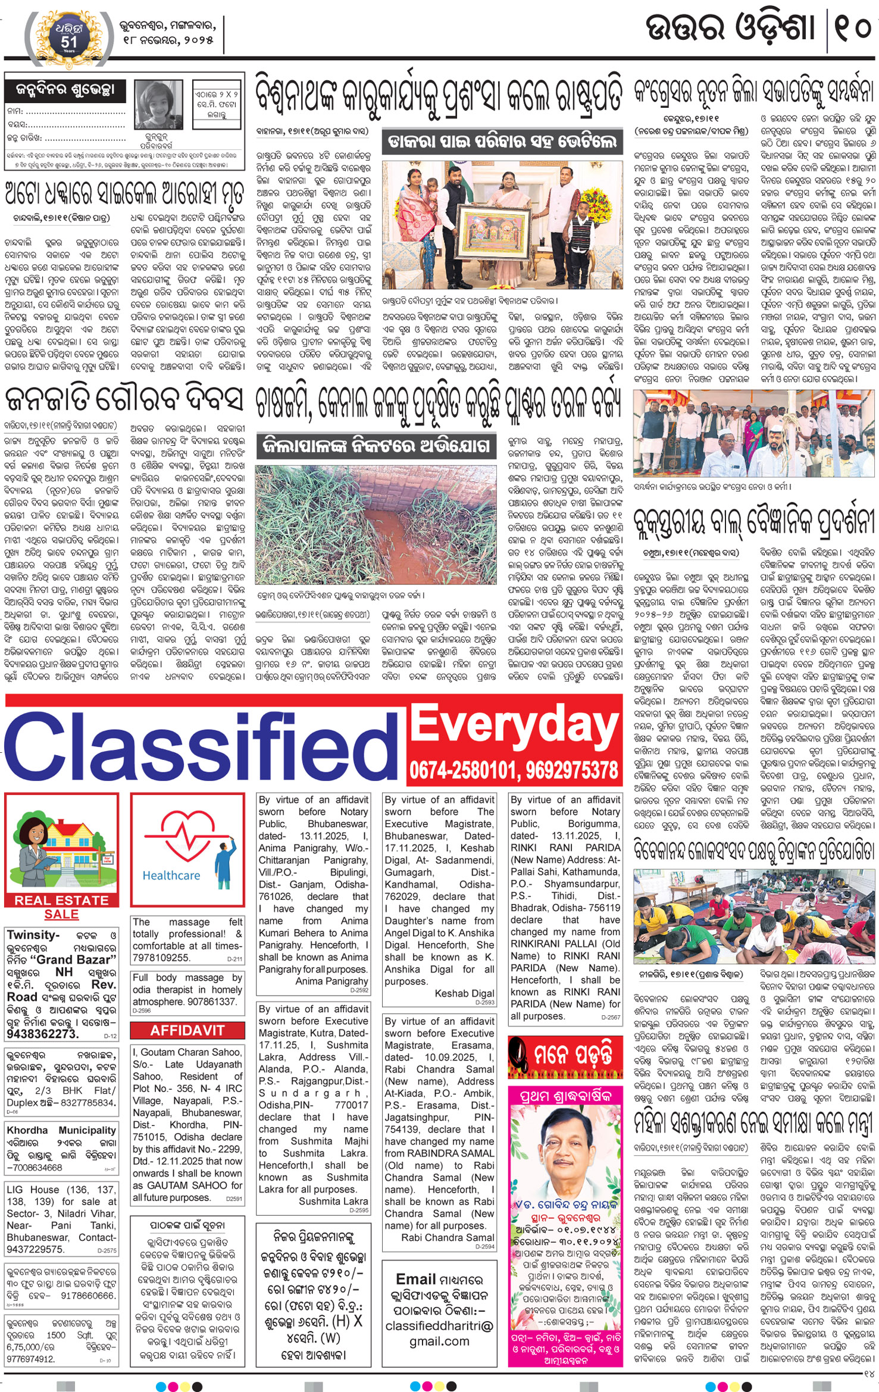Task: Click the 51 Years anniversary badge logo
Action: coord(68,35)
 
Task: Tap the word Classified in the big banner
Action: coord(202,748)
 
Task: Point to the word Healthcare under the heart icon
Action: coord(171,875)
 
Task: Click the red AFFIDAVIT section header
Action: coord(187,1030)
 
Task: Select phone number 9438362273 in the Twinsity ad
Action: coord(42,1033)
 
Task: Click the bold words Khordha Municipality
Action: coord(61,1130)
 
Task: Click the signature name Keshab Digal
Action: coord(464,993)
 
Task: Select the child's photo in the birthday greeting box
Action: coord(158,105)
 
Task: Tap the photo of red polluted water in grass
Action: coord(376,524)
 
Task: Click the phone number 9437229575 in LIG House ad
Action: coord(35,1249)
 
